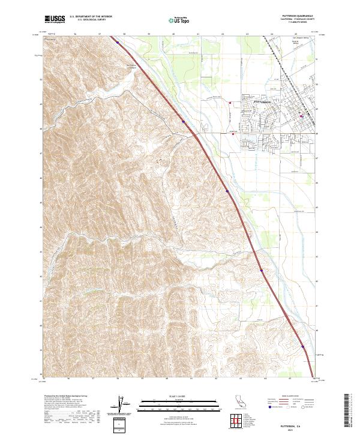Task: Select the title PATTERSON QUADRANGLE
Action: (298, 16)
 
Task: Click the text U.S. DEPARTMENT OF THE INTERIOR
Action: (91, 17)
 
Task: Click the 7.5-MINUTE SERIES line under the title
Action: (298, 23)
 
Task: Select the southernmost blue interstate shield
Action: (304, 346)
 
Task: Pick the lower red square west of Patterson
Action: (233, 134)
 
